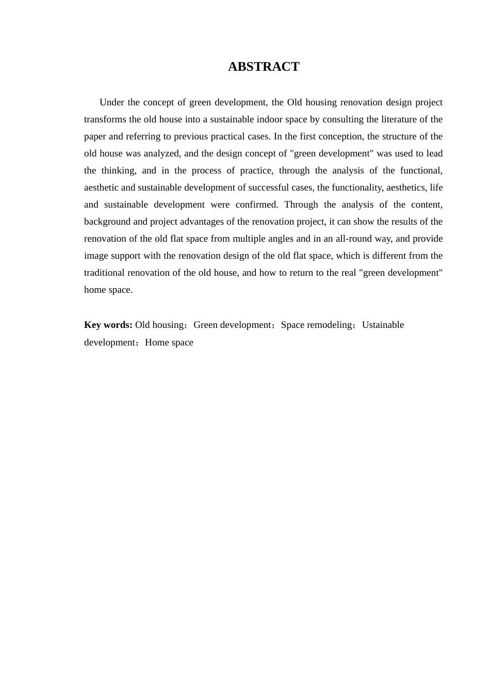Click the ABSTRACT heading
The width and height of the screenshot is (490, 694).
264,67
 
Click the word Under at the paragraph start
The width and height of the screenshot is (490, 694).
111,102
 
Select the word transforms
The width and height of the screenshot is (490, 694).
105,119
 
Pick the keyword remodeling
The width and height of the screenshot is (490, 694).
329,325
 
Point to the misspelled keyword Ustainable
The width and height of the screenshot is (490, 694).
383,325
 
